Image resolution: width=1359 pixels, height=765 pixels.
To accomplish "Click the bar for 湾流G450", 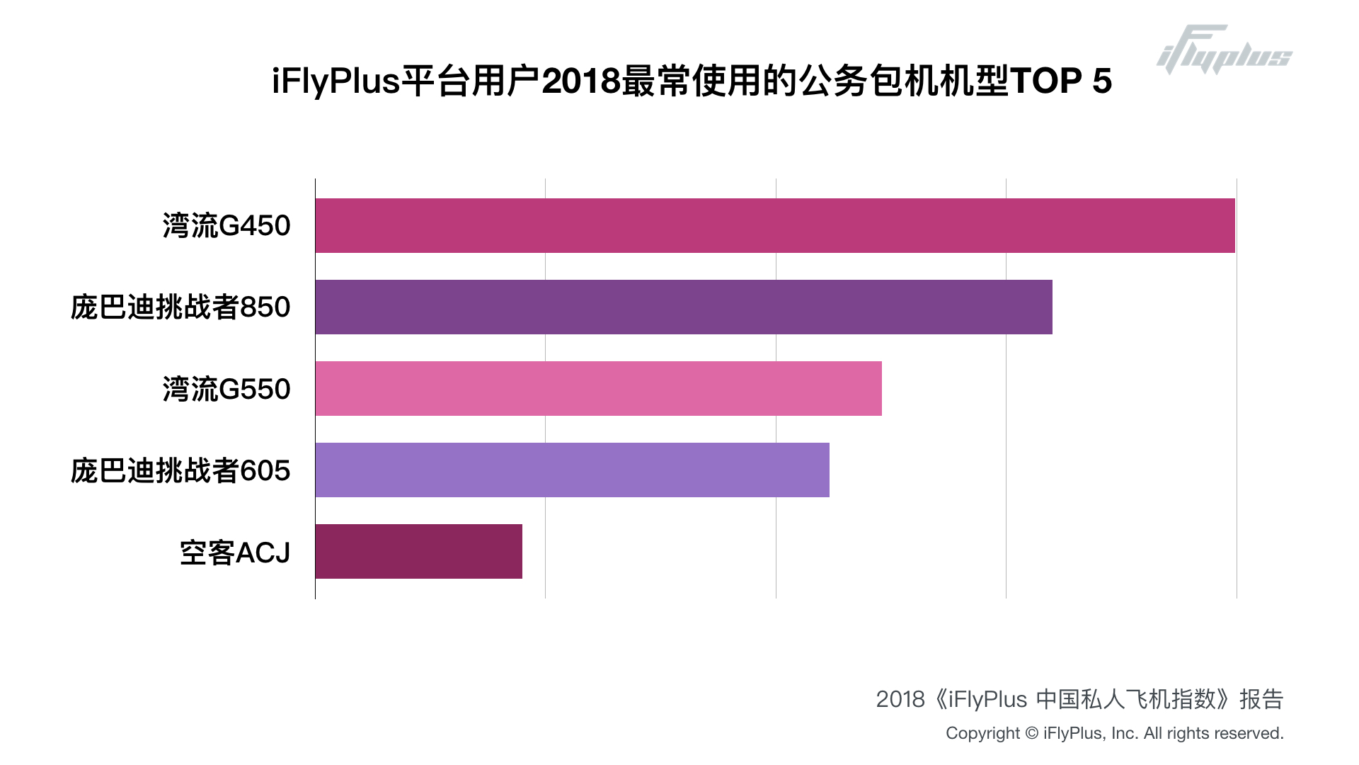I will (775, 225).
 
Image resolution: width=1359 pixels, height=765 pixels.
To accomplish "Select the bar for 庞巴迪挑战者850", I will (684, 307).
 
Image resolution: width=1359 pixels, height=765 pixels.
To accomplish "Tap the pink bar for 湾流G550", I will (598, 388).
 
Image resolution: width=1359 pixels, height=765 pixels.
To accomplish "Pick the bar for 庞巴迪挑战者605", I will (572, 470).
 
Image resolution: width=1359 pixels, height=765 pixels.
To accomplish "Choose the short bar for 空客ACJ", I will (418, 551).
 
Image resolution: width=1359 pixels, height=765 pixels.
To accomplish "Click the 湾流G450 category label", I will (226, 226).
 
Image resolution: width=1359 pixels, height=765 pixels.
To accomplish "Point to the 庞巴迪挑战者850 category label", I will (180, 307).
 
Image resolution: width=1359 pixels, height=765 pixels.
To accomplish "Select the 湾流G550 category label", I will (226, 389).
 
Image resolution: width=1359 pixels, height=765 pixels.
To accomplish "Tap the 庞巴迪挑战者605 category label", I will (180, 470).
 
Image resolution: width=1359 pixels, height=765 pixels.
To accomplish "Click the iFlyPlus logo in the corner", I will (1224, 50).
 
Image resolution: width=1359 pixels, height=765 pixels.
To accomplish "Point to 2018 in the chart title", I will (581, 81).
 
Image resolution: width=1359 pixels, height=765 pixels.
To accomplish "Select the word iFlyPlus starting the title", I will (336, 81).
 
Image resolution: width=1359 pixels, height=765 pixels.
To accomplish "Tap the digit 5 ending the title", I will (1102, 81).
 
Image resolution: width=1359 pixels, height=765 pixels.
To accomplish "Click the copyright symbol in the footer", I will (1031, 733).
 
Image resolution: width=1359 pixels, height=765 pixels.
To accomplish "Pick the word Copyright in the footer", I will (982, 733).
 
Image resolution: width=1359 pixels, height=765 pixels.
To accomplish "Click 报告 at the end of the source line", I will (1261, 699).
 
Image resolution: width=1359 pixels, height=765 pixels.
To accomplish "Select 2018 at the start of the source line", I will (900, 699).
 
